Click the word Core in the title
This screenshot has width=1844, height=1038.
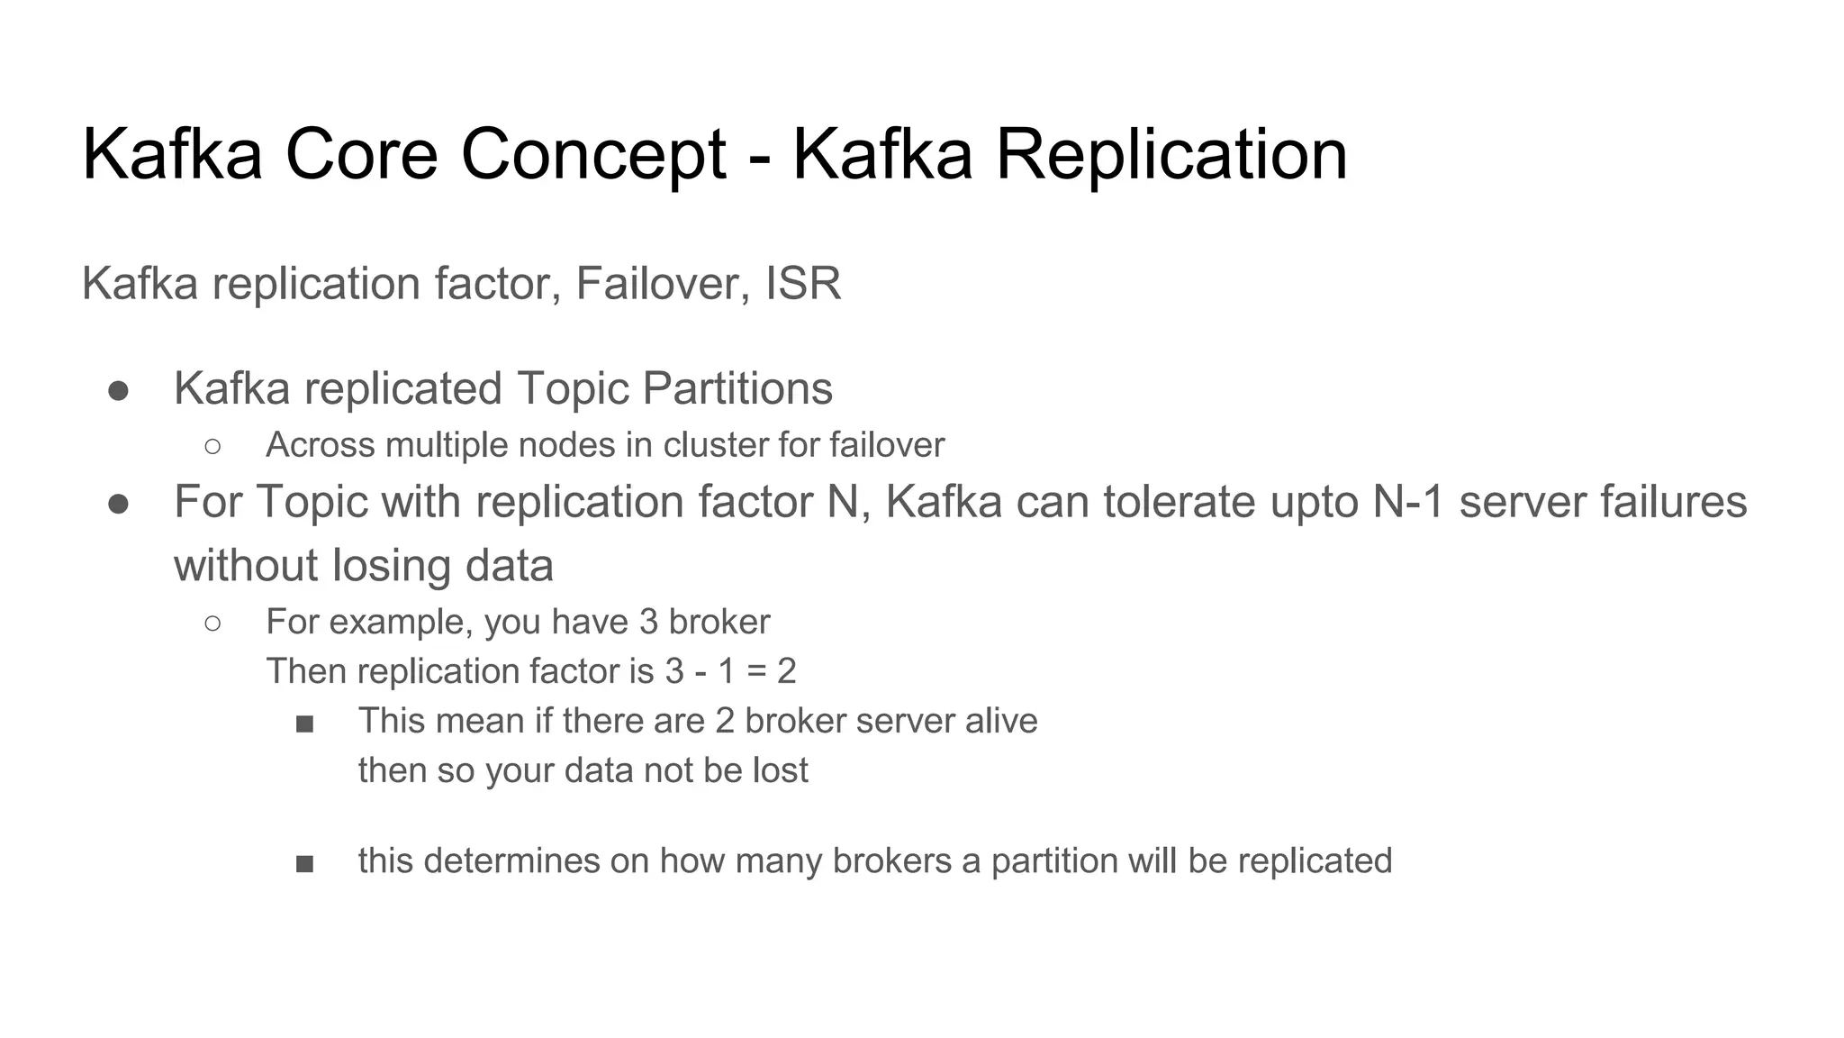pyautogui.click(x=361, y=155)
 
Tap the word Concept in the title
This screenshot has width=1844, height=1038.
pyautogui.click(x=593, y=155)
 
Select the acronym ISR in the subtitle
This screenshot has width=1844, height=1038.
pyautogui.click(x=803, y=284)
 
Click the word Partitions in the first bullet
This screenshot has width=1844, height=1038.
pyautogui.click(x=737, y=389)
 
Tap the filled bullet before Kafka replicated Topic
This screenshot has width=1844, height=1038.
pyautogui.click(x=118, y=391)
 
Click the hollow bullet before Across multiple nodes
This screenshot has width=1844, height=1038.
pyautogui.click(x=212, y=446)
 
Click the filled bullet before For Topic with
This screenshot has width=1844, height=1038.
pyautogui.click(x=118, y=504)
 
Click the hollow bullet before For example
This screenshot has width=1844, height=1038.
pyautogui.click(x=212, y=623)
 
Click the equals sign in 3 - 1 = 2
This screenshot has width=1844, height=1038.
pyautogui.click(x=756, y=672)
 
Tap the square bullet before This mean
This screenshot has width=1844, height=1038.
pyautogui.click(x=304, y=724)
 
